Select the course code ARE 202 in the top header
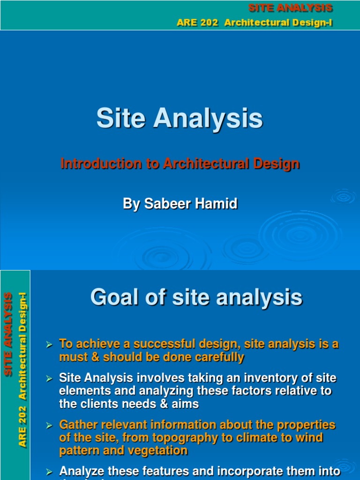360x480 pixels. tap(197, 23)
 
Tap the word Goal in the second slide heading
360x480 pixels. tap(112, 297)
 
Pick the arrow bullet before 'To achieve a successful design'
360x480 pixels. tap(48, 345)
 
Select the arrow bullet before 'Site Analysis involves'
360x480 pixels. tap(48, 378)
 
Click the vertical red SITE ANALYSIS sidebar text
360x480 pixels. tap(8, 334)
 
